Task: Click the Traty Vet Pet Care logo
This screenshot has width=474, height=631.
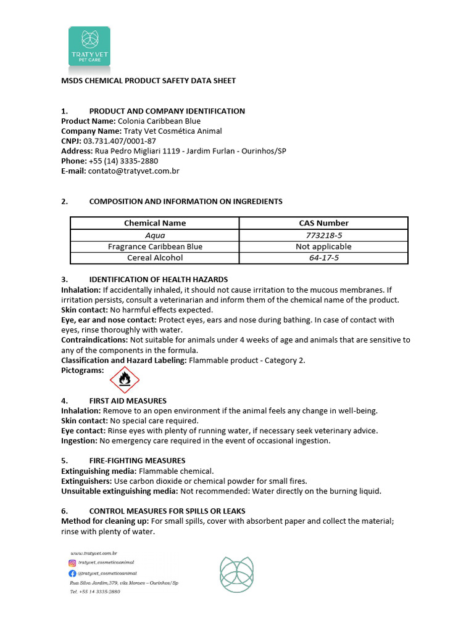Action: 89,46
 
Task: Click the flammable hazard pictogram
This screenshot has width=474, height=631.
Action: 125,380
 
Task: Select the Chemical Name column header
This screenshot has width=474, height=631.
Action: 155,223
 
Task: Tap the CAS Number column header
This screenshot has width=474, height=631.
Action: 323,223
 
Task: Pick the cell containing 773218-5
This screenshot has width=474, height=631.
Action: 323,235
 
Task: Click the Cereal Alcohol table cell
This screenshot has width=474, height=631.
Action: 155,258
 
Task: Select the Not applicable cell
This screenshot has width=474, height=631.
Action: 323,246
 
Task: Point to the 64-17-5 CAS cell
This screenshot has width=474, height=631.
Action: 323,258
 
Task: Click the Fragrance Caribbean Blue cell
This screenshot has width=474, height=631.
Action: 155,246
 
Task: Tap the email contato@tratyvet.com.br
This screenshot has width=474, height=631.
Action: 133,171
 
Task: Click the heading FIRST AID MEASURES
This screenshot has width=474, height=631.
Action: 128,401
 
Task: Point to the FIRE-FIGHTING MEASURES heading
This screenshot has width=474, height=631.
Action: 137,460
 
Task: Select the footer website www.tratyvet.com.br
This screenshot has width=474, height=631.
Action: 94,553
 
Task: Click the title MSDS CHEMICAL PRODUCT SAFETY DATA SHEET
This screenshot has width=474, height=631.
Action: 148,81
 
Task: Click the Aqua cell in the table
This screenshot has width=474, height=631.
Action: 155,235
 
